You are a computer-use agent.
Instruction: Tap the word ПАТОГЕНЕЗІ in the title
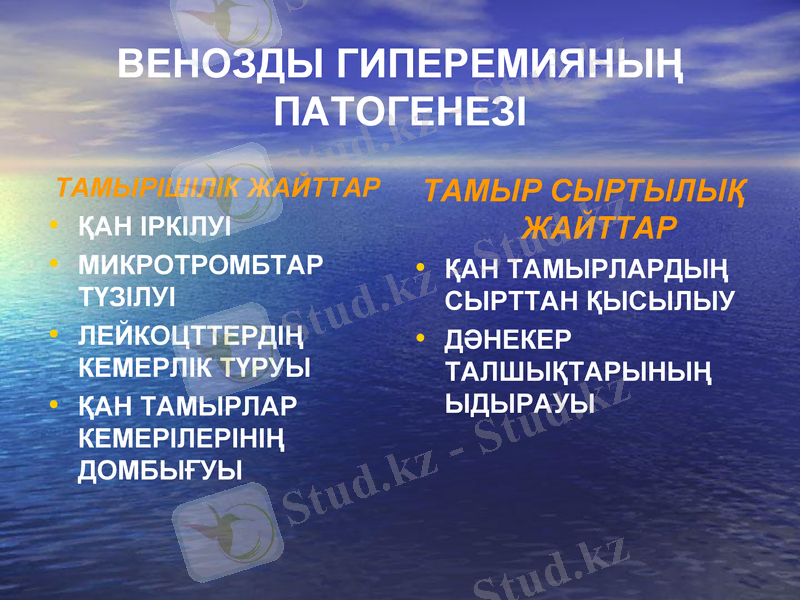[400, 111]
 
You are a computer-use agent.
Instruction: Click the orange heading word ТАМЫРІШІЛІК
[148, 188]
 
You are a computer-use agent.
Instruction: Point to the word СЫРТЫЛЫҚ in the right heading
[648, 191]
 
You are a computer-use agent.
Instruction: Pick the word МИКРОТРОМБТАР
[201, 266]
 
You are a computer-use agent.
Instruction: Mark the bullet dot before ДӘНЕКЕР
[423, 339]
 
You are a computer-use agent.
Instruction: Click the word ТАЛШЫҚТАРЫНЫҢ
[579, 372]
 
